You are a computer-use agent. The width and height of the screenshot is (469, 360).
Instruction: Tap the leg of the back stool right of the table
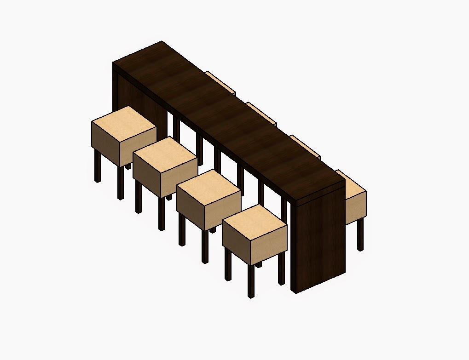360,234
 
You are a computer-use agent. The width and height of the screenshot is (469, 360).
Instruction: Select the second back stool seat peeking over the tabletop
261,113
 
